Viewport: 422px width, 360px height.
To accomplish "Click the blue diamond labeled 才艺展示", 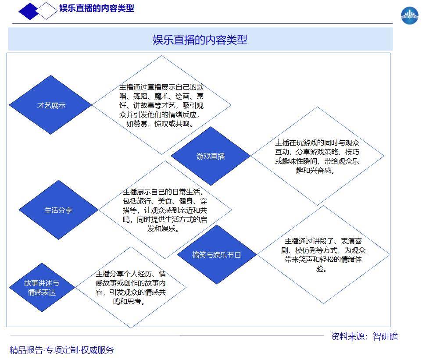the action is point(50,105).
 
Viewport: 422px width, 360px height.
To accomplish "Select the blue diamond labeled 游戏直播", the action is point(211,156).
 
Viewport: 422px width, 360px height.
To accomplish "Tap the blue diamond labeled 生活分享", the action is point(58,210).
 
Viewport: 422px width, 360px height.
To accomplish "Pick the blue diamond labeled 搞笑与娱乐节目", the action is point(217,254).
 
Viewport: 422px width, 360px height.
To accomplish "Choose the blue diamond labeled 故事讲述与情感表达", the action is point(42,287).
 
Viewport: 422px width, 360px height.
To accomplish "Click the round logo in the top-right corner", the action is point(410,16).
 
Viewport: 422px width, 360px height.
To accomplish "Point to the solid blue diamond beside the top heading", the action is point(29,11).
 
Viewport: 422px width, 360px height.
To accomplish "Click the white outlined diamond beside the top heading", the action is point(46,11).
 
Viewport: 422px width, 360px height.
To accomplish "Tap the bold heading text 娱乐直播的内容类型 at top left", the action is point(97,8).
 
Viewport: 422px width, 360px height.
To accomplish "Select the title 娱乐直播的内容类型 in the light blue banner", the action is point(200,40).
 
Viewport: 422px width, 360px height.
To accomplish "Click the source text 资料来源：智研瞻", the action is point(365,336).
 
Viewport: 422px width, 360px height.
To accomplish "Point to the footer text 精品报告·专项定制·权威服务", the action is point(61,350).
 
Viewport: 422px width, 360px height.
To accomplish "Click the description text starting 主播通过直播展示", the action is point(161,106).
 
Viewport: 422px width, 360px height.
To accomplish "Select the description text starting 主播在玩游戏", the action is point(317,157).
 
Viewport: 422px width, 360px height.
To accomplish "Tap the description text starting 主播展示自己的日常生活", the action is point(165,210).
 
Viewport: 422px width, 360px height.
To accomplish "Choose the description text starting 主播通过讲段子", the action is point(323,254).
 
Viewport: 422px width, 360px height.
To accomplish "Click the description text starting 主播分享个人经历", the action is point(131,287).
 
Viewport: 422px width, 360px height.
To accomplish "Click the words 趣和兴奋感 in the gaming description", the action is point(314,170).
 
